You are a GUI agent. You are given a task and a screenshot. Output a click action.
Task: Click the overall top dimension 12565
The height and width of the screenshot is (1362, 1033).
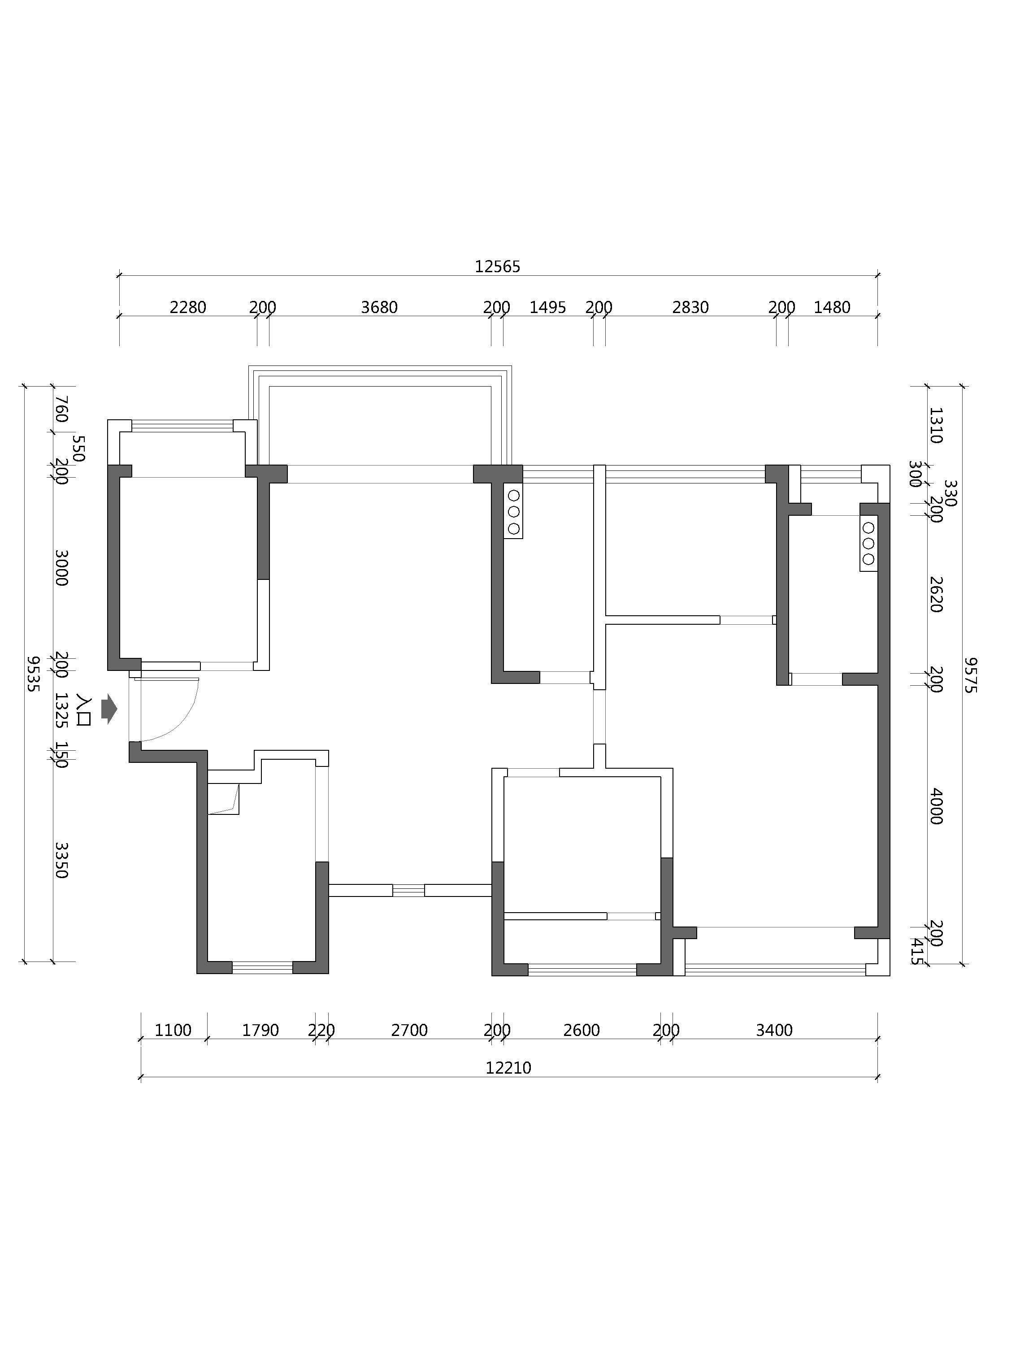[497, 266]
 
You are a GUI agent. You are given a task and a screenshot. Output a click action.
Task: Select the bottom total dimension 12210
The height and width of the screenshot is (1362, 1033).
[508, 1068]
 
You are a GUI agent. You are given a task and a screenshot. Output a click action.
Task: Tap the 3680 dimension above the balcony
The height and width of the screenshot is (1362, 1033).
[379, 307]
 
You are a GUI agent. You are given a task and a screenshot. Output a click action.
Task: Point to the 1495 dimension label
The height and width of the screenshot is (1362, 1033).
[547, 307]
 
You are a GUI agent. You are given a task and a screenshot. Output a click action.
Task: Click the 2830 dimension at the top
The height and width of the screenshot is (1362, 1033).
[690, 307]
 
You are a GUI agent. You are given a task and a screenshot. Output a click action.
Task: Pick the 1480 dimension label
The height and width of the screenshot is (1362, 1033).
[832, 307]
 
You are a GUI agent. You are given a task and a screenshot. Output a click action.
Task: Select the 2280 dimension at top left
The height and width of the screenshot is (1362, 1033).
[188, 307]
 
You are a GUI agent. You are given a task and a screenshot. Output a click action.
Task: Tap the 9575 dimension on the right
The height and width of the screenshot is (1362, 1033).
[970, 675]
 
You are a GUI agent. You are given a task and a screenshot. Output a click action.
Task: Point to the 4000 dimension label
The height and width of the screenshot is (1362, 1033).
[936, 806]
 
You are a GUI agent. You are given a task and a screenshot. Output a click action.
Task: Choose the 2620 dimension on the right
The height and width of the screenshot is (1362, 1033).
[936, 594]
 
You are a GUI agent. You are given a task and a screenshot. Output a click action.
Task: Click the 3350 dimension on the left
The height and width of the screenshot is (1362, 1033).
[61, 860]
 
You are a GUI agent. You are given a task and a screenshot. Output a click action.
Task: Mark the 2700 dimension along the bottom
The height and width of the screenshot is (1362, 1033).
[409, 1030]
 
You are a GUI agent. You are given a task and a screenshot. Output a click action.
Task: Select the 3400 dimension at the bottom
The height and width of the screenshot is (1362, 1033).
[774, 1030]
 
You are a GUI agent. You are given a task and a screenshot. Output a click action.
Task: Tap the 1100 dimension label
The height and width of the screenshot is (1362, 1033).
[173, 1030]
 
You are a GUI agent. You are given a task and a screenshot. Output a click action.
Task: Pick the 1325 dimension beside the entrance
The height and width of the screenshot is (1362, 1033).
[61, 710]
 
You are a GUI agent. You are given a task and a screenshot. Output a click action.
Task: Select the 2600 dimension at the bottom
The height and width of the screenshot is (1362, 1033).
[581, 1030]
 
